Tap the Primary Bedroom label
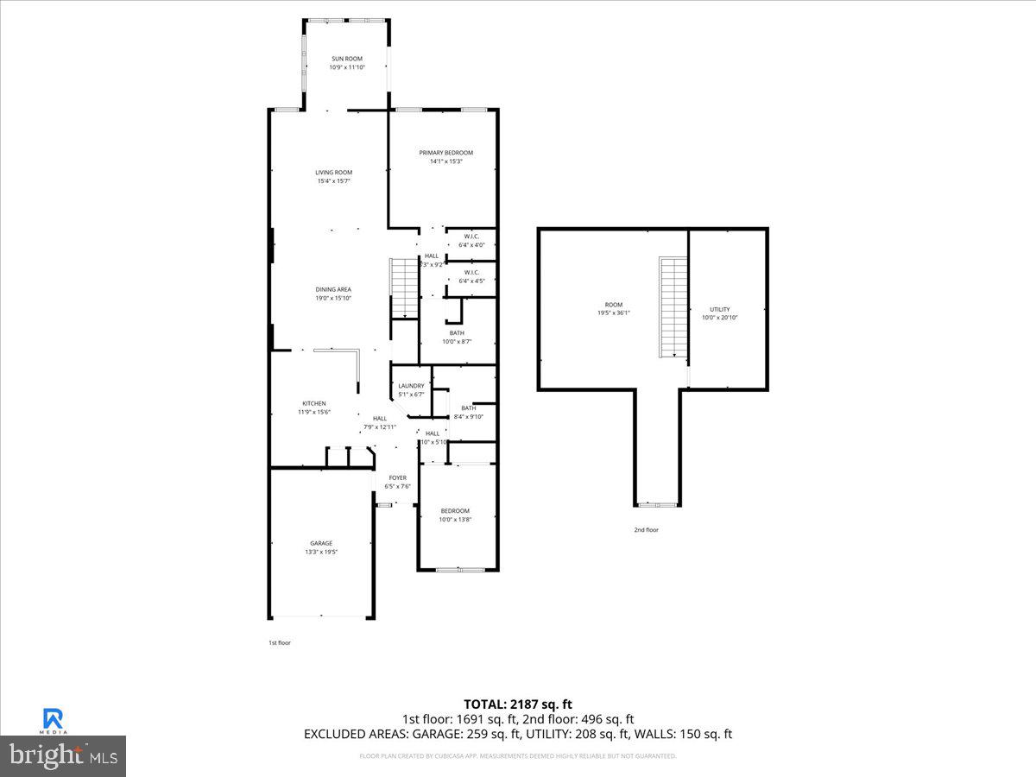445,153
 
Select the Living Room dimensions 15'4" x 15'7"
333,181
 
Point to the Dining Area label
333,289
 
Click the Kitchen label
313,403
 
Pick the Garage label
321,543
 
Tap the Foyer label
397,477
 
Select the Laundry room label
411,386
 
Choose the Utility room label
719,309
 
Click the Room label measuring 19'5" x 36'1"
613,305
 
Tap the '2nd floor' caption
646,530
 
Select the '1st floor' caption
279,642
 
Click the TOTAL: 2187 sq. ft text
517,704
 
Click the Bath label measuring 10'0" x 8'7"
457,333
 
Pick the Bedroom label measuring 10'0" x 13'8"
455,510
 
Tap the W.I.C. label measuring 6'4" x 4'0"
471,237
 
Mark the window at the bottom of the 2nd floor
657,504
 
